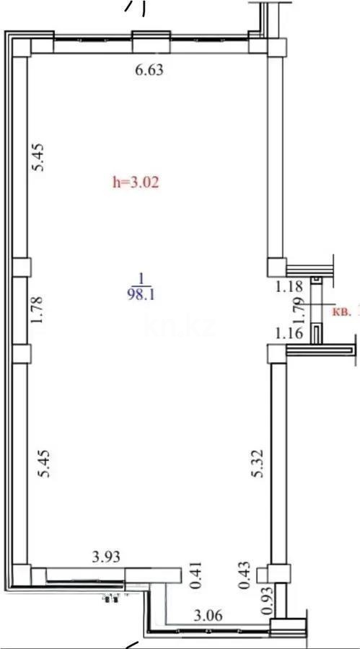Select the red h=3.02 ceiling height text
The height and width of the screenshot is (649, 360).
[134, 182]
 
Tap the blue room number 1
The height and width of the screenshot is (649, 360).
[142, 279]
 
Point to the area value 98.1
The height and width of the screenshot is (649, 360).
[142, 294]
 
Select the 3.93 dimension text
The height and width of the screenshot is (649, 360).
[105, 556]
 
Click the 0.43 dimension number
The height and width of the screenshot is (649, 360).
[243, 577]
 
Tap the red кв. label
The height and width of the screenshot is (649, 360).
[342, 312]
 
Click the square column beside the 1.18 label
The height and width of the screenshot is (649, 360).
[276, 268]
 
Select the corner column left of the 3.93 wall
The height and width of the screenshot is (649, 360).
[21, 575]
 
